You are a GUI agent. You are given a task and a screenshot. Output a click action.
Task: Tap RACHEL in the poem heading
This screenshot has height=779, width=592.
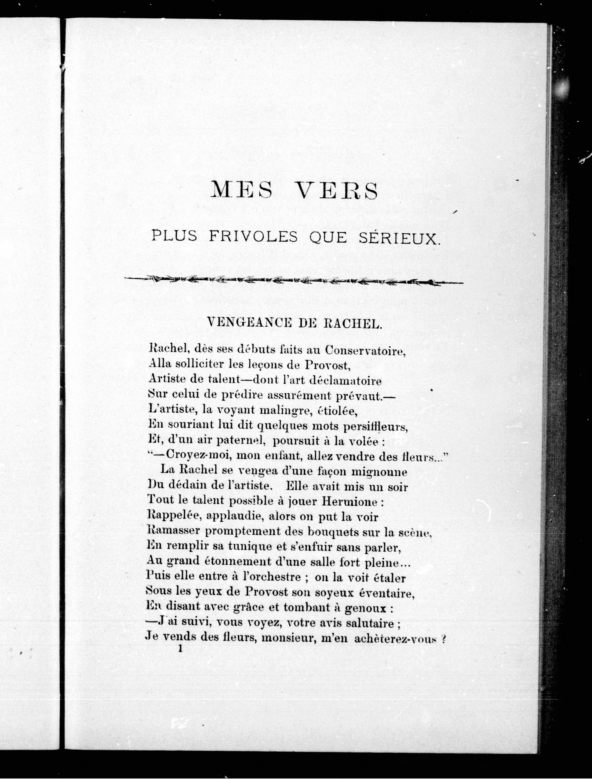point(352,323)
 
